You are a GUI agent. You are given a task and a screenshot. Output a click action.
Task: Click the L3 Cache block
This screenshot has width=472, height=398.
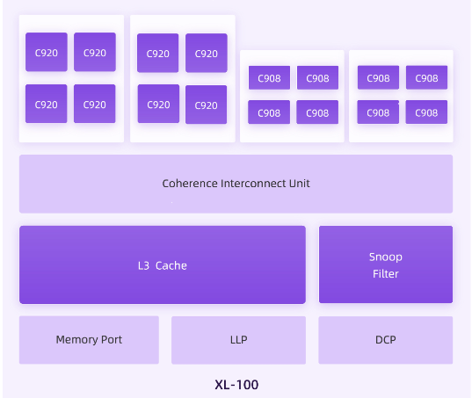tap(163, 264)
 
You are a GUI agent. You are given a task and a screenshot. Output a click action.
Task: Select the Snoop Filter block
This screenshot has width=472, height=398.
tap(385, 264)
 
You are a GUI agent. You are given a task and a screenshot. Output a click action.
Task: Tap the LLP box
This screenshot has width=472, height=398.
tap(238, 339)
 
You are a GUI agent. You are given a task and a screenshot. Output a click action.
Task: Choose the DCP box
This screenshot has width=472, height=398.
tap(385, 339)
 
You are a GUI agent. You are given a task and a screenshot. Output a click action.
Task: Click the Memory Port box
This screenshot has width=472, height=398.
tap(89, 339)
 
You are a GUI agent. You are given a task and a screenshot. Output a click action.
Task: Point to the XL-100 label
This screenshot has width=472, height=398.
tap(236, 384)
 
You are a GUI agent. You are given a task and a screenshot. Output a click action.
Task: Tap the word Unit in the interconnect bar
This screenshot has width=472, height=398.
tap(299, 184)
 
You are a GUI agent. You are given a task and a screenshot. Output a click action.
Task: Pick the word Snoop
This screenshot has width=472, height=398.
tap(385, 257)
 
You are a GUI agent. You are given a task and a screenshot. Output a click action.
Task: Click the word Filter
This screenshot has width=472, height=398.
tap(385, 273)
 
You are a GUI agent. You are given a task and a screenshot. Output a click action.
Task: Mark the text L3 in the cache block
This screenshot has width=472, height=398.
tap(145, 265)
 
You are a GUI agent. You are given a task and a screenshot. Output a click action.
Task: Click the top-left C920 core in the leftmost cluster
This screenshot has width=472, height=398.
tap(47, 53)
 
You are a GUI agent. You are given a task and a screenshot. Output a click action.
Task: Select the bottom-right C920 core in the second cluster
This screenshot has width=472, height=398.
tap(206, 105)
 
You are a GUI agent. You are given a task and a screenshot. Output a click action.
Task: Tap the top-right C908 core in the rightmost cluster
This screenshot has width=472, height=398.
tap(426, 78)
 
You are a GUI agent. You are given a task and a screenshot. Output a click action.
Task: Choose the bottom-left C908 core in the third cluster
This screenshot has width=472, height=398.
tap(269, 112)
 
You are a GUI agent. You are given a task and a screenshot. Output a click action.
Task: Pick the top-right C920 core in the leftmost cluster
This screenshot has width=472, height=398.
tap(94, 53)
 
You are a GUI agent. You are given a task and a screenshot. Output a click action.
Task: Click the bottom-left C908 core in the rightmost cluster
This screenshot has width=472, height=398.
tap(378, 112)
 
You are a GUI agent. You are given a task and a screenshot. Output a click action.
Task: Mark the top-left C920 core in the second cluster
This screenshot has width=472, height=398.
tap(158, 54)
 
